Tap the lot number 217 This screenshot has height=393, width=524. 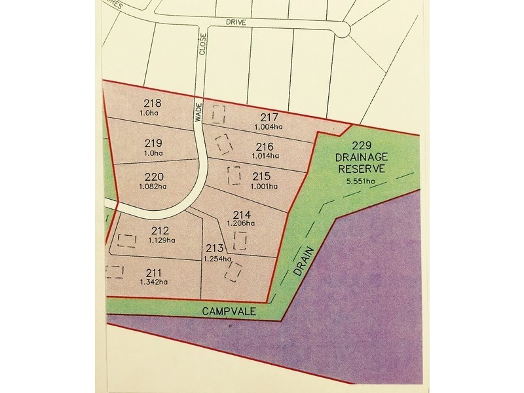tap(269, 117)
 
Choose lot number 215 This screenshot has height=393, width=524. tap(261, 176)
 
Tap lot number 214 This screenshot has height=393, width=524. tap(242, 214)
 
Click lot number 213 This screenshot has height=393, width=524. tap(215, 248)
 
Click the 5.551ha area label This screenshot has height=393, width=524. tap(362, 181)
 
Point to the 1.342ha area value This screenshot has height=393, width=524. tap(154, 282)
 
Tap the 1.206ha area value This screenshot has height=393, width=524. tap(241, 223)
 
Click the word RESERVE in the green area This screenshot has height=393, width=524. tap(362, 168)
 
